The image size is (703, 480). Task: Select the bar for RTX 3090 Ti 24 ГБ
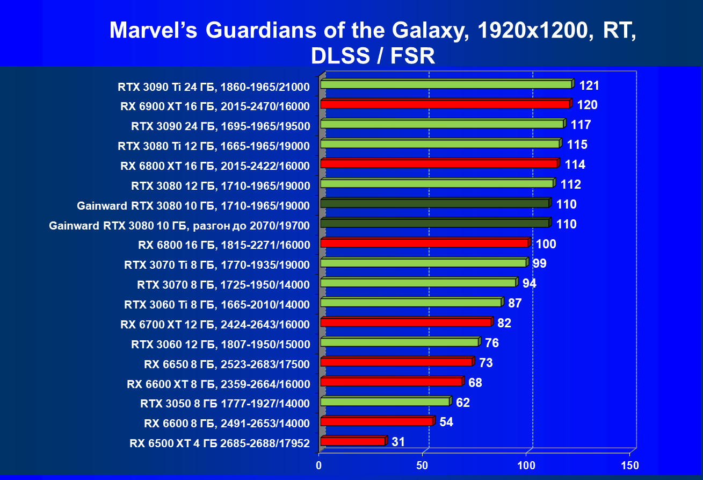pyautogui.click(x=446, y=84)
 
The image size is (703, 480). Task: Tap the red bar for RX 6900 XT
pyautogui.click(x=445, y=104)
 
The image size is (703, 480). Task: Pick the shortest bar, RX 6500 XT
pyautogui.click(x=352, y=441)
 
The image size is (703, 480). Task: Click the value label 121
pyautogui.click(x=589, y=85)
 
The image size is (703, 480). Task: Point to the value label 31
pyautogui.click(x=398, y=442)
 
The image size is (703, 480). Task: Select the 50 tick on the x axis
pyautogui.click(x=423, y=464)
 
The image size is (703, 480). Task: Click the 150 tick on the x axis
pyautogui.click(x=629, y=464)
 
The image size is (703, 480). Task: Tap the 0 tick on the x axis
pyautogui.click(x=320, y=464)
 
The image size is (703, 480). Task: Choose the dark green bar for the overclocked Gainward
pyautogui.click(x=434, y=223)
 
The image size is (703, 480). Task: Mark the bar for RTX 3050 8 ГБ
pyautogui.click(x=385, y=402)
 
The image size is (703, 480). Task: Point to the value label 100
pyautogui.click(x=546, y=244)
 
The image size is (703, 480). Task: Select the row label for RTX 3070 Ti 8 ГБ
pyautogui.click(x=217, y=265)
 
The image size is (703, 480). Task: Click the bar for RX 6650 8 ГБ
pyautogui.click(x=396, y=362)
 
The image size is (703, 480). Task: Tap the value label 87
pyautogui.click(x=515, y=303)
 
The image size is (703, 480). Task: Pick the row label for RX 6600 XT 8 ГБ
pyautogui.click(x=219, y=384)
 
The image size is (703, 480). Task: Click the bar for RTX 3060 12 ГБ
pyautogui.click(x=399, y=342)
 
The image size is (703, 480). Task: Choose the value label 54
pyautogui.click(x=446, y=422)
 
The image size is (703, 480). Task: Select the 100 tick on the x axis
pyautogui.click(x=526, y=464)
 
